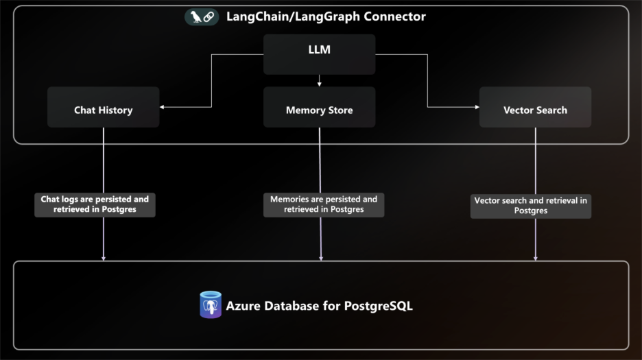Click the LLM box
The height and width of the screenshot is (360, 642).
(319, 54)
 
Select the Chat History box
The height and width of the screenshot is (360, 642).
(103, 107)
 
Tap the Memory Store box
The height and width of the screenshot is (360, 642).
(319, 107)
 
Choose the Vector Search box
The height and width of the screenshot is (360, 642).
(535, 107)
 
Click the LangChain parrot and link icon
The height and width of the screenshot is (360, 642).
(202, 16)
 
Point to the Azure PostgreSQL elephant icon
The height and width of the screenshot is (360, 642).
(211, 305)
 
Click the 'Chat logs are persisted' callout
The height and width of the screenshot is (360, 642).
(95, 204)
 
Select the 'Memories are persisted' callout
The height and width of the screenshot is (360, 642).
(323, 204)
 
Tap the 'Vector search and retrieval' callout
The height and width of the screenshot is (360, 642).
(530, 206)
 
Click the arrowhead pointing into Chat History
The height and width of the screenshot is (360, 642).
(163, 107)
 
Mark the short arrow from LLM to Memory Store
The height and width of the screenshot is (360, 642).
(319, 80)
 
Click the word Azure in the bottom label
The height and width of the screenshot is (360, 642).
(243, 306)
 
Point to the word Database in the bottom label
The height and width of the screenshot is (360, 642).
(291, 306)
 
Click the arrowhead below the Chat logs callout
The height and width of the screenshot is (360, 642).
(104, 258)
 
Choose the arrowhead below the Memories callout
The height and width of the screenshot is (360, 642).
(320, 258)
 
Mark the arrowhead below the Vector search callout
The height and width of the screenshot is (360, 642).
(535, 258)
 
